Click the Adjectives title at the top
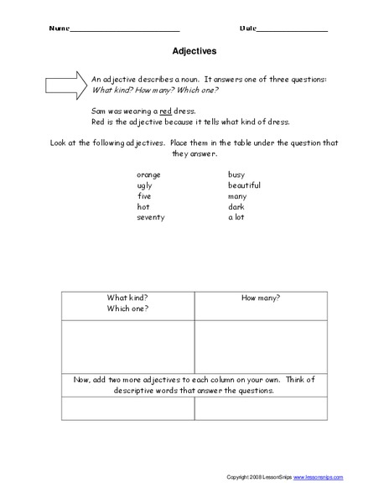(x=194, y=50)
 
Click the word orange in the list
(x=148, y=174)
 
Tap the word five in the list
(x=143, y=196)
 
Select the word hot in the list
(x=143, y=206)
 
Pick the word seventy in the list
(x=151, y=217)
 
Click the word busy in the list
(x=236, y=174)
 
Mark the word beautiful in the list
(x=244, y=185)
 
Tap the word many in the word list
(x=238, y=196)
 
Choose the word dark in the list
(x=236, y=206)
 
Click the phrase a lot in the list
(x=236, y=217)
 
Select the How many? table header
(x=260, y=298)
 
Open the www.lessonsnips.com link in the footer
(x=318, y=477)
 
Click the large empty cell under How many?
(x=260, y=345)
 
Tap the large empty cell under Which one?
(x=127, y=345)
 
